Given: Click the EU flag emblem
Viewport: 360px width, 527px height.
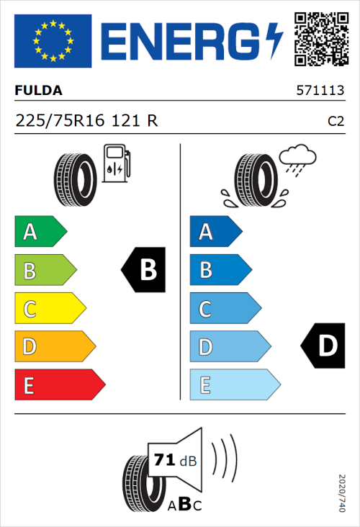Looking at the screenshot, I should tap(53, 41).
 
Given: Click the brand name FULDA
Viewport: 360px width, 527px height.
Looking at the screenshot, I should tap(38, 91).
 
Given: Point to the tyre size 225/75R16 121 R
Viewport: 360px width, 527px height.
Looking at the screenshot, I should tap(86, 121).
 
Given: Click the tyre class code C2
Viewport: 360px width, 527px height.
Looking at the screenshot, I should tap(336, 122).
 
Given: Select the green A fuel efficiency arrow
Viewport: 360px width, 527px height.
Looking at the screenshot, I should tap(40, 232).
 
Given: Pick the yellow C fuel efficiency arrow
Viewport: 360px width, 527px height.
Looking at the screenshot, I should tap(49, 309).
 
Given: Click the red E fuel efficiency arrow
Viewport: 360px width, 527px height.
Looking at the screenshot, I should tap(59, 385).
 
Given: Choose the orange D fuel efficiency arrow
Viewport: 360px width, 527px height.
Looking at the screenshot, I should tap(54, 347).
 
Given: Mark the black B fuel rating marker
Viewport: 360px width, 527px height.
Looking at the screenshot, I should tap(143, 270).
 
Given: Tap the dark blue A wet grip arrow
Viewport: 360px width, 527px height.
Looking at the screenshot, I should tap(214, 232).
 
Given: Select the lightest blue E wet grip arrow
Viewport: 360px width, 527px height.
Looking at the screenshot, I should tap(233, 385).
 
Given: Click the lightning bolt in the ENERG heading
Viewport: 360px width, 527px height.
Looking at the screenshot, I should tap(275, 41).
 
